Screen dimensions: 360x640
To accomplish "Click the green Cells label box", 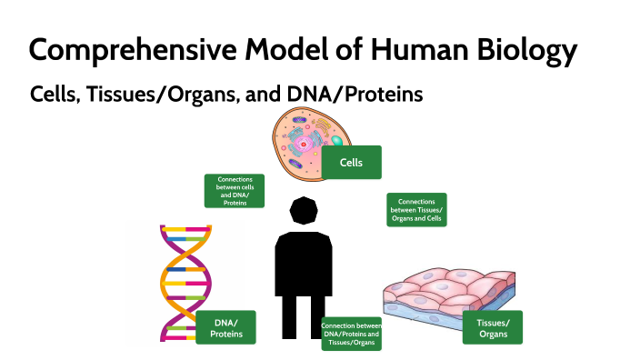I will pyautogui.click(x=351, y=163).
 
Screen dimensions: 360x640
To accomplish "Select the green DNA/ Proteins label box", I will pyautogui.click(x=225, y=328).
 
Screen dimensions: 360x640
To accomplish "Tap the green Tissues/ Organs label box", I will pyautogui.click(x=493, y=328).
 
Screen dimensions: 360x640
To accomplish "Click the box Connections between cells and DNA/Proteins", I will pyautogui.click(x=235, y=191).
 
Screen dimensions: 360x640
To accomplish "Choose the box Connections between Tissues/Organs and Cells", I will pyautogui.click(x=416, y=209).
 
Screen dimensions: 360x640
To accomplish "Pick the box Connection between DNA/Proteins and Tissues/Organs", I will pyautogui.click(x=351, y=334).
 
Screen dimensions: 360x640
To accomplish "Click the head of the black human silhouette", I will pyautogui.click(x=303, y=211).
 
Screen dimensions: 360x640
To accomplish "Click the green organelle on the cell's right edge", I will pyautogui.click(x=336, y=139).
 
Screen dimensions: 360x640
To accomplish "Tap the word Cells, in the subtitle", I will pyautogui.click(x=55, y=94).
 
